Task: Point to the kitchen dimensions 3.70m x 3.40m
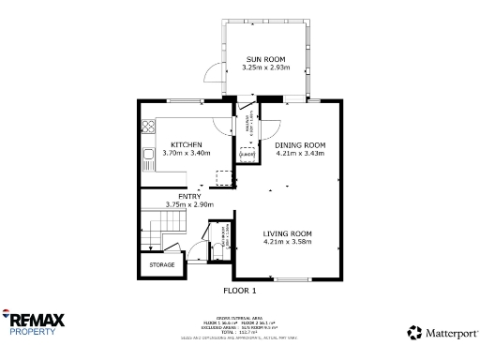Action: [x=187, y=153]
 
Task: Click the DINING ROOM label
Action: [x=299, y=144]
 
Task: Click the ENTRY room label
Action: [x=188, y=196]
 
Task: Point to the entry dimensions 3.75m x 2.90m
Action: [x=188, y=204]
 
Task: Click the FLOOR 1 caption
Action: [x=239, y=292]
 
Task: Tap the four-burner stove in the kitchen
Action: [x=147, y=127]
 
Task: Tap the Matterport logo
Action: [x=439, y=332]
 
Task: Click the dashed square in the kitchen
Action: [x=222, y=178]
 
